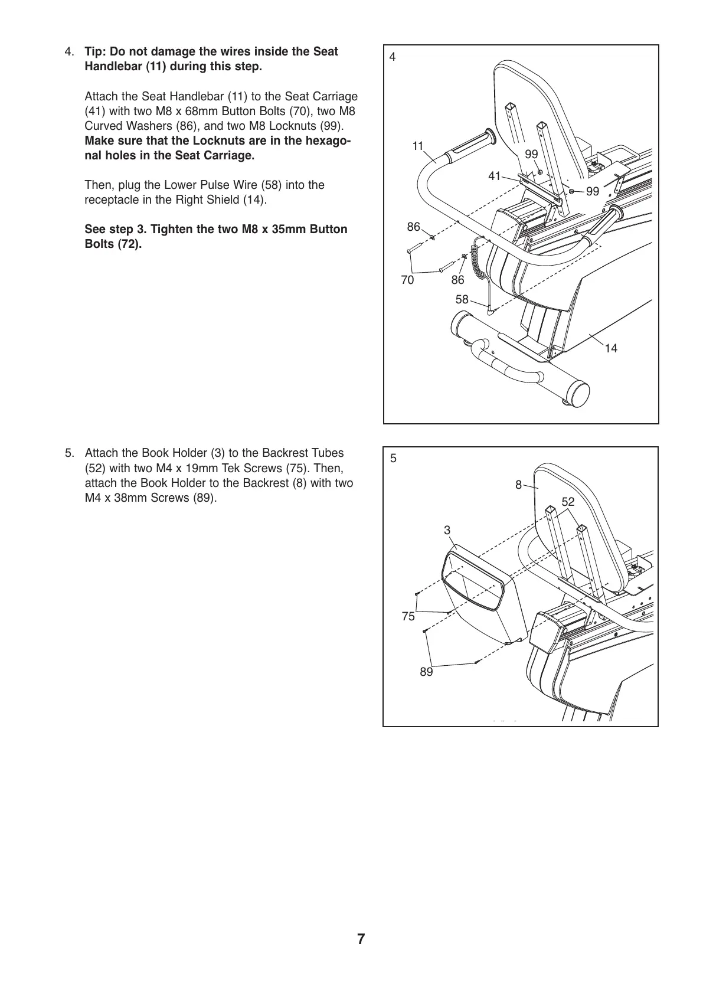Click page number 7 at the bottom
click(x=361, y=939)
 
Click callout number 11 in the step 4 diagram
click(x=418, y=146)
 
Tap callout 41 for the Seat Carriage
click(x=495, y=176)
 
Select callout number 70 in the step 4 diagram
click(x=407, y=280)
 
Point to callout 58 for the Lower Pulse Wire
click(x=462, y=300)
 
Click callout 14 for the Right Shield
click(x=611, y=349)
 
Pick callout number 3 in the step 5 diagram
click(x=447, y=531)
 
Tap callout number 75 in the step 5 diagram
click(x=408, y=617)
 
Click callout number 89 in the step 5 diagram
click(x=426, y=672)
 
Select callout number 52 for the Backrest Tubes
click(x=568, y=502)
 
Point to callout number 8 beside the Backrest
click(x=518, y=485)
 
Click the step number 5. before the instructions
click(x=70, y=453)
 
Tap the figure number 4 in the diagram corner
click(x=393, y=57)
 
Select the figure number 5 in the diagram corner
click(x=393, y=458)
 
